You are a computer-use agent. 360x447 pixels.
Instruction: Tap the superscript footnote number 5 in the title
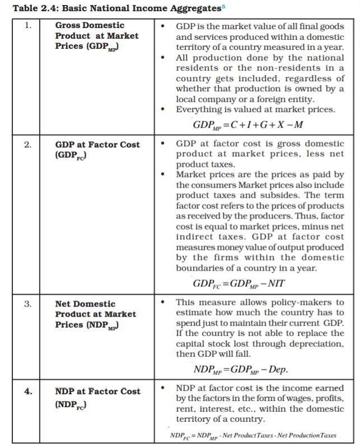tap(223, 5)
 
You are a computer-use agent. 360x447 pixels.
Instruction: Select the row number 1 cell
tap(27, 26)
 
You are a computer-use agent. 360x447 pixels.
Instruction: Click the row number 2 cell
tap(27, 145)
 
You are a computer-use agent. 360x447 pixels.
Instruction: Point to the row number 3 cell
tap(27, 304)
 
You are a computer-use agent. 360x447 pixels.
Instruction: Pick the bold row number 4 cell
tap(27, 392)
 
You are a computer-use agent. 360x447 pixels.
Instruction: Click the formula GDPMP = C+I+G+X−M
tap(248, 124)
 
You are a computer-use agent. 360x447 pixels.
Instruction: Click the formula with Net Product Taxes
tap(253, 435)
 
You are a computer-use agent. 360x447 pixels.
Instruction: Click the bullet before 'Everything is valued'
tap(162, 110)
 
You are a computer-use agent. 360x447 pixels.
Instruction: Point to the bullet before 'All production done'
tap(162, 58)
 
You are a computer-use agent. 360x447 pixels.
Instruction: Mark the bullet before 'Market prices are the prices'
tap(162, 175)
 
